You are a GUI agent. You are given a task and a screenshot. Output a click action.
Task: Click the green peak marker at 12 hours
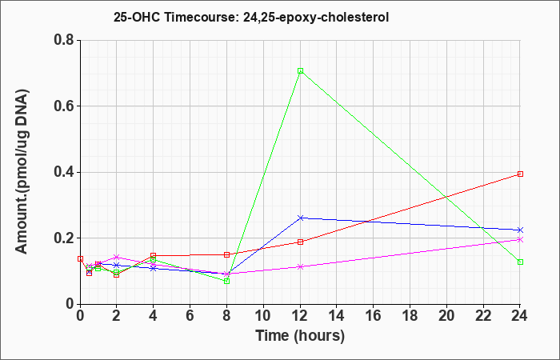tap(300, 70)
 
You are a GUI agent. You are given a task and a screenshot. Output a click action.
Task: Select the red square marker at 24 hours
tap(520, 174)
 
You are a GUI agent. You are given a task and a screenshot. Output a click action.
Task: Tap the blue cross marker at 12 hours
tap(300, 218)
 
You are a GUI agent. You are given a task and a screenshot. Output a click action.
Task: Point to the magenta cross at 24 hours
tap(520, 240)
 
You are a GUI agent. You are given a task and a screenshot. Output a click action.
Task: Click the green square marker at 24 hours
tap(520, 262)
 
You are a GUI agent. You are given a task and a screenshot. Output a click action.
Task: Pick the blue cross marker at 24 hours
tap(520, 230)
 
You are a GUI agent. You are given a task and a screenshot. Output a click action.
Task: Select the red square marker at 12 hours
tap(300, 242)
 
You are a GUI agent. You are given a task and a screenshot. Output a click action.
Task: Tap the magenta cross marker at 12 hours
tap(300, 266)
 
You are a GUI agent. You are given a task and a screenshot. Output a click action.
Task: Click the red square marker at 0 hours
tap(80, 258)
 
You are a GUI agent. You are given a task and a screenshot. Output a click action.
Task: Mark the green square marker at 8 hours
tap(226, 281)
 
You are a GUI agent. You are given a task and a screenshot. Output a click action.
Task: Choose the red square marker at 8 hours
tap(226, 254)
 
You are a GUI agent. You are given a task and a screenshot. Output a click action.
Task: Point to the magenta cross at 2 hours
tap(117, 257)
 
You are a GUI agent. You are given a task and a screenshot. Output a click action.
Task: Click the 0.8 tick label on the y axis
tap(64, 40)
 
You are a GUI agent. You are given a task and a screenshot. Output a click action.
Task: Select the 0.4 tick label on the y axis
tap(64, 172)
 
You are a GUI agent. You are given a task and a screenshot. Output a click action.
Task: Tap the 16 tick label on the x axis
tap(374, 316)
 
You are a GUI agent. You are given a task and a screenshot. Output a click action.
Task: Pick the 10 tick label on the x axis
tap(263, 316)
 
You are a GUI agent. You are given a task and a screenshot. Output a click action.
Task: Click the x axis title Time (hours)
tap(300, 336)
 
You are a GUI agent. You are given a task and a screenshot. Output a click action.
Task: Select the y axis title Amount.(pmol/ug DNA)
tap(22, 172)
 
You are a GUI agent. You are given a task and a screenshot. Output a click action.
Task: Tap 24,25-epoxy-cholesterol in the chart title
tap(316, 18)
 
